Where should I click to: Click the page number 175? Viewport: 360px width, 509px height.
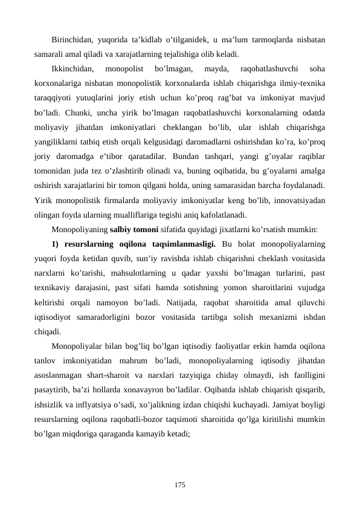point(179,484)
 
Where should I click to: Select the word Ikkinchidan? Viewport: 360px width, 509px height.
point(72,68)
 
